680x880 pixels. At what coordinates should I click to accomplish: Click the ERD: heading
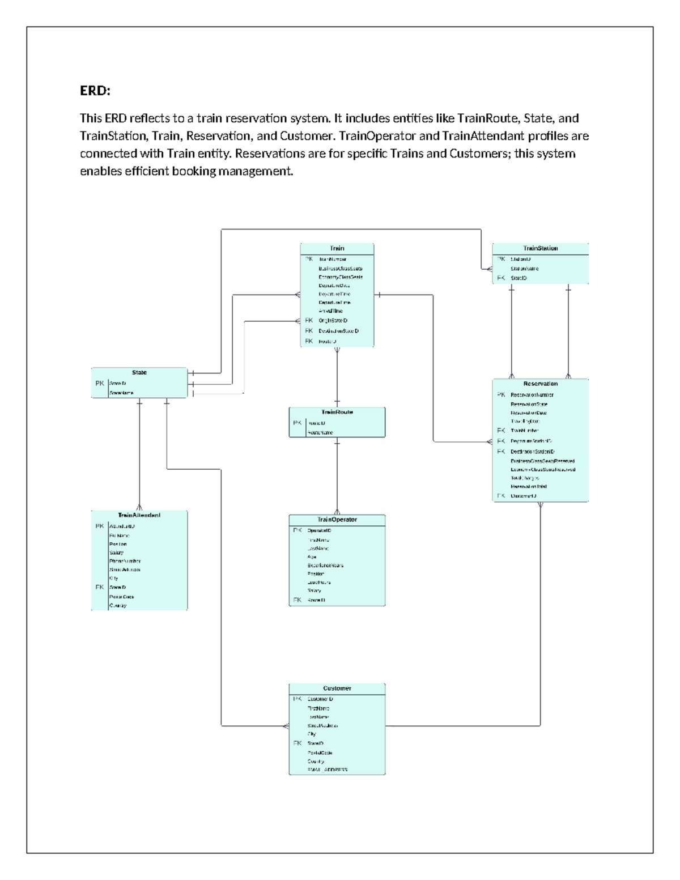pyautogui.click(x=95, y=91)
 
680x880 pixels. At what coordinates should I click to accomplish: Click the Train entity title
pyautogui.click(x=337, y=248)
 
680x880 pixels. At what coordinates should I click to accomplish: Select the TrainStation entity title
pyautogui.click(x=540, y=248)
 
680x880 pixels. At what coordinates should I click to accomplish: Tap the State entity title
pyautogui.click(x=139, y=372)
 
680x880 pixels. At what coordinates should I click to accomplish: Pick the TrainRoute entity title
pyautogui.click(x=337, y=412)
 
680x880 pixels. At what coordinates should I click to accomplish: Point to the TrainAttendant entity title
pyautogui.click(x=139, y=515)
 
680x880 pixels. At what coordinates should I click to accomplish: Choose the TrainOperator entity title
pyautogui.click(x=337, y=520)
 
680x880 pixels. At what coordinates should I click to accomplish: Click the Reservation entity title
pyautogui.click(x=540, y=384)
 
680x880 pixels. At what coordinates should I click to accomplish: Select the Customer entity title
pyautogui.click(x=337, y=688)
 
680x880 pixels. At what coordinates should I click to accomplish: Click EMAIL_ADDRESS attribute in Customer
pyautogui.click(x=327, y=770)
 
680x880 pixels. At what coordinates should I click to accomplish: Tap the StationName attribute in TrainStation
pyautogui.click(x=524, y=269)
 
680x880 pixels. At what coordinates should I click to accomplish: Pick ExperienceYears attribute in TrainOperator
pyautogui.click(x=325, y=566)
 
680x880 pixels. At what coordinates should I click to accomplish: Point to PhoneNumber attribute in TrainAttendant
pyautogui.click(x=125, y=561)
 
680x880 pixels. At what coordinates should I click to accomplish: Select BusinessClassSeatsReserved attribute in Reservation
pyautogui.click(x=542, y=461)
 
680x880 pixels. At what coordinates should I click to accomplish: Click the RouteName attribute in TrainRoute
pyautogui.click(x=320, y=433)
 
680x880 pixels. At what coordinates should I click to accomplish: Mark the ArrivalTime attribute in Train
pyautogui.click(x=330, y=311)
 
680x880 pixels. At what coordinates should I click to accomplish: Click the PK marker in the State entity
pyautogui.click(x=100, y=384)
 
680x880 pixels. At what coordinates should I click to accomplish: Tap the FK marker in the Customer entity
pyautogui.click(x=297, y=743)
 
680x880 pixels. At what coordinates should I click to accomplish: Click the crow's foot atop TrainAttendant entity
pyautogui.click(x=139, y=507)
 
